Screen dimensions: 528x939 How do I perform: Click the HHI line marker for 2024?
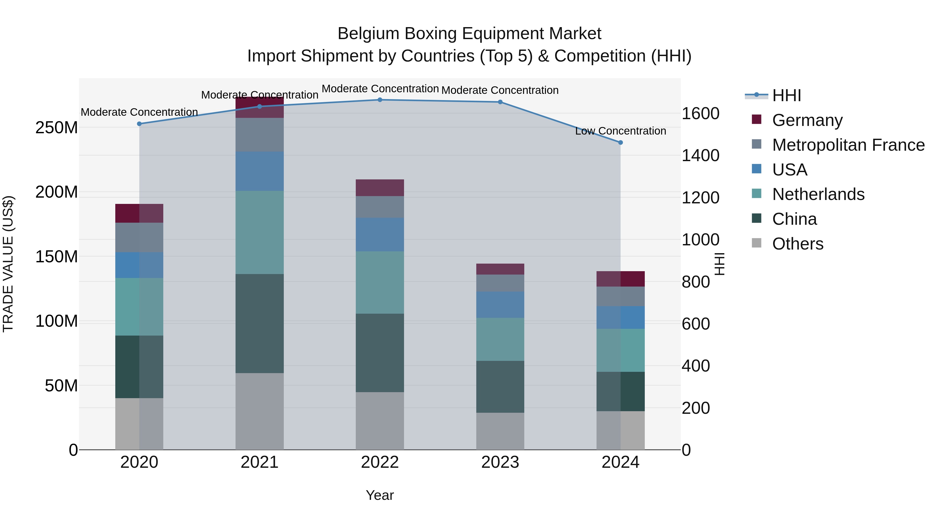click(x=621, y=142)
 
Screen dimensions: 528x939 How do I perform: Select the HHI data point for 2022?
click(x=380, y=100)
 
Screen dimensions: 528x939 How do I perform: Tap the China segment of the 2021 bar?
click(x=260, y=323)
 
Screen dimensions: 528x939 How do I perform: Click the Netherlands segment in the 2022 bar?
click(x=380, y=282)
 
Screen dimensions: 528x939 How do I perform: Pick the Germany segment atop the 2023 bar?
click(x=500, y=269)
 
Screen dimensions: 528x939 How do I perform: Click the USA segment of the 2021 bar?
click(x=260, y=171)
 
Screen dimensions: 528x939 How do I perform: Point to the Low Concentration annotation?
click(x=621, y=131)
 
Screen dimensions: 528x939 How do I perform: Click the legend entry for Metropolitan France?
click(x=848, y=145)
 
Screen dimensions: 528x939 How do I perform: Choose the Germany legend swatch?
click(x=757, y=119)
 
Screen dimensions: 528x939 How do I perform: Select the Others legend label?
click(x=798, y=244)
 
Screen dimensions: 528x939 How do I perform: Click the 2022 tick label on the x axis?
click(x=380, y=462)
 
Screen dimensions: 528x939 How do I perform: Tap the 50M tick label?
click(x=61, y=386)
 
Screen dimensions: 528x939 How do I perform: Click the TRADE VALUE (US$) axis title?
click(x=8, y=264)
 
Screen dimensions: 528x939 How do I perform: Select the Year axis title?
click(x=380, y=495)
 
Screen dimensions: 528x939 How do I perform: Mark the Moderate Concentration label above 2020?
click(x=139, y=112)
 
